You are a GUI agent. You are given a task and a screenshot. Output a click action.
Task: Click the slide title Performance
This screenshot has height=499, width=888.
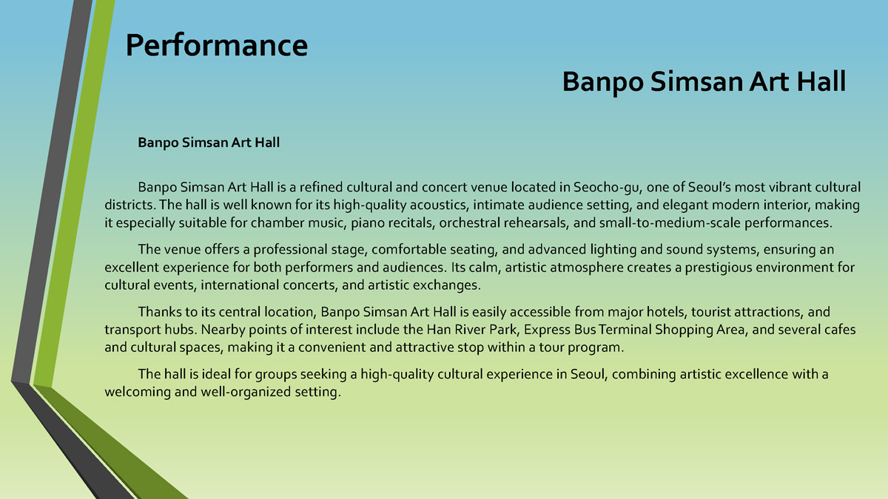[216, 46]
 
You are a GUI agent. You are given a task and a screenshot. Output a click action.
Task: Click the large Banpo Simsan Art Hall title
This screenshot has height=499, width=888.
[704, 81]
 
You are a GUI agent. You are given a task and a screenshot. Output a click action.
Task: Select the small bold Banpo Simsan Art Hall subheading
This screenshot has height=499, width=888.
[209, 143]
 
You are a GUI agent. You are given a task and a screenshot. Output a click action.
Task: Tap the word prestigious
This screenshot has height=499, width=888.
[719, 268]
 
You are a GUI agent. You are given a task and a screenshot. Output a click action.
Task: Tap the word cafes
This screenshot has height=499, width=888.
[839, 330]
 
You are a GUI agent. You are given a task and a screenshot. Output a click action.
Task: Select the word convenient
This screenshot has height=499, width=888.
[332, 347]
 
